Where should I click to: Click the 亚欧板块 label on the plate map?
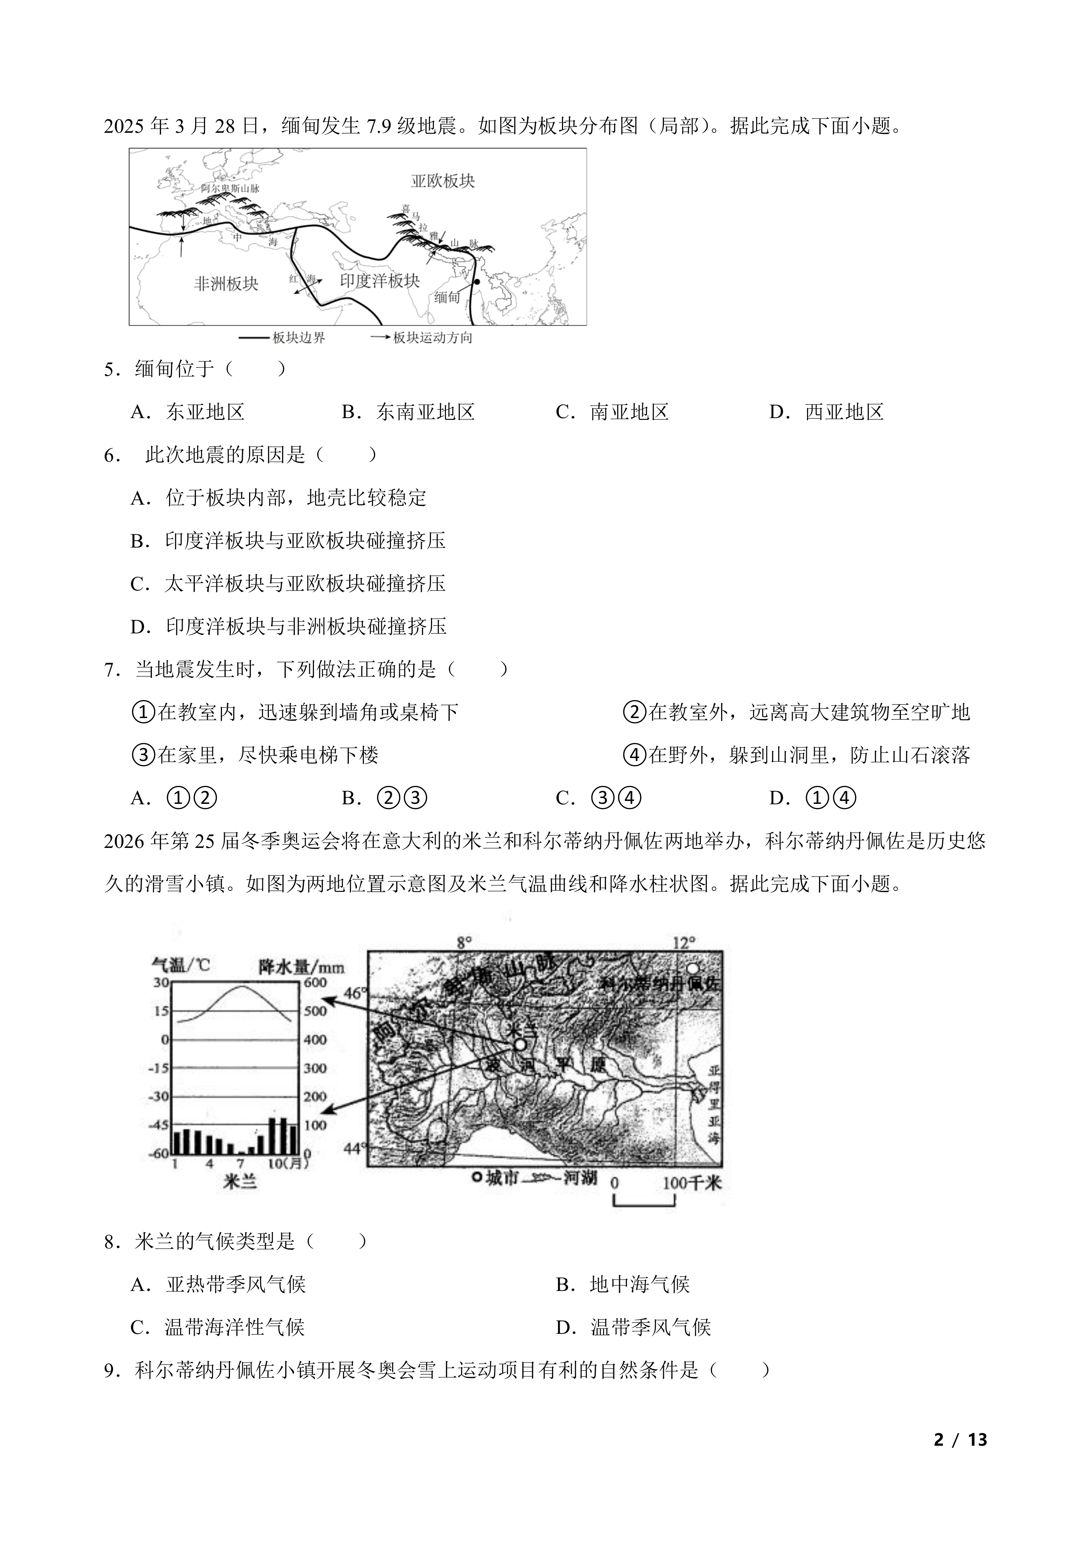point(443,181)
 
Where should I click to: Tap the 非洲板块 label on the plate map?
point(226,284)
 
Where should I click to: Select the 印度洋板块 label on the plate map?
point(380,281)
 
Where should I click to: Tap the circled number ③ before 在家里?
point(143,755)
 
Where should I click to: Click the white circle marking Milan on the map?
point(520,1044)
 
